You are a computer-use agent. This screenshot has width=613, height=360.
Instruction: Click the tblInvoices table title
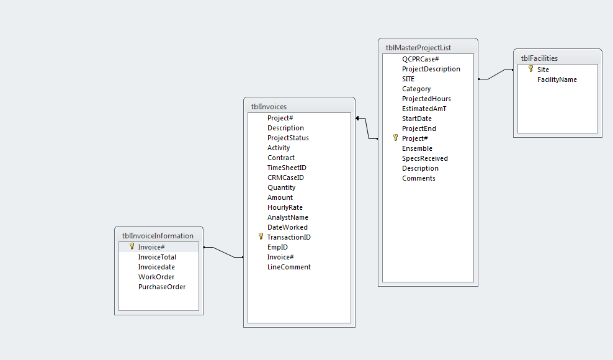pyautogui.click(x=269, y=107)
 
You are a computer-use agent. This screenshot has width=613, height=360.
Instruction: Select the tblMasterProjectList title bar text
pyautogui.click(x=418, y=47)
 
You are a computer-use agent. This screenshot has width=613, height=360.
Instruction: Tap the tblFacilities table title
pyautogui.click(x=539, y=58)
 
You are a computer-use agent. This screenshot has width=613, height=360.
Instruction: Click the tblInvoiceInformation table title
pyautogui.click(x=158, y=236)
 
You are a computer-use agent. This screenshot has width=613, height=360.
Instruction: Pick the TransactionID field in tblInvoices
pyautogui.click(x=289, y=237)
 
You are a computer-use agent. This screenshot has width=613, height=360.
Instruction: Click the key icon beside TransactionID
pyautogui.click(x=261, y=236)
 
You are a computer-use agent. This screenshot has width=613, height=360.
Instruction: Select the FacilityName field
pyautogui.click(x=557, y=79)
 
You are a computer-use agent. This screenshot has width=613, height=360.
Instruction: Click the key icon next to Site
pyautogui.click(x=530, y=69)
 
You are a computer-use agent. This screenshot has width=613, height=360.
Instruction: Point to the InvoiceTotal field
pyautogui.click(x=157, y=257)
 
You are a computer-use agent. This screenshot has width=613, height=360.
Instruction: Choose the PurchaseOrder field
pyautogui.click(x=162, y=287)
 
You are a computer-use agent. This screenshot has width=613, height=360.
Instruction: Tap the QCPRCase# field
pyautogui.click(x=421, y=59)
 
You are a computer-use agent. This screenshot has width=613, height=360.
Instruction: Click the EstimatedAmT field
pyautogui.click(x=424, y=109)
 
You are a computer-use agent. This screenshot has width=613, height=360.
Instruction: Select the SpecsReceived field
pyautogui.click(x=425, y=158)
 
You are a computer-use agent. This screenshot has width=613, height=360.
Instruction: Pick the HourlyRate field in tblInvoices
pyautogui.click(x=285, y=207)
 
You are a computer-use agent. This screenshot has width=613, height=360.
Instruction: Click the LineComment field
pyautogui.click(x=289, y=267)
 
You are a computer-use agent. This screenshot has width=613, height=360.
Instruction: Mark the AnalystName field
pyautogui.click(x=288, y=217)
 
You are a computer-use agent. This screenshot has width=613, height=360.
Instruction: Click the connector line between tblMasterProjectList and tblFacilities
pyautogui.click(x=495, y=75)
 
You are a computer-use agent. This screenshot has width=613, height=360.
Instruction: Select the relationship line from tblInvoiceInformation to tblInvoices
pyautogui.click(x=223, y=252)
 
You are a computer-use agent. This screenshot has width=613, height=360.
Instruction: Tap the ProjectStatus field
pyautogui.click(x=288, y=138)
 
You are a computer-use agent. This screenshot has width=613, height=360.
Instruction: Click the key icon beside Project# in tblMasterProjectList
pyautogui.click(x=395, y=138)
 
